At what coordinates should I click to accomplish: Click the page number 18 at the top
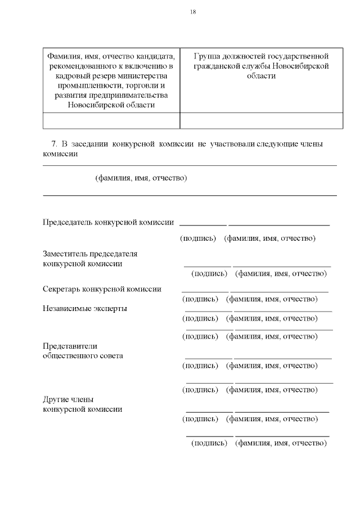coord(193,12)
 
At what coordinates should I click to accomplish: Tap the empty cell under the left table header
coord(111,121)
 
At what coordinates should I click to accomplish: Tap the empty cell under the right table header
coord(261,121)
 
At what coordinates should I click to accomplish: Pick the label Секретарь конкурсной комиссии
coord(102,289)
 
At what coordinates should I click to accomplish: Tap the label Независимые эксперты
coord(85,308)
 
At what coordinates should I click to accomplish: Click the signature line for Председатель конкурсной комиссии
coord(203,225)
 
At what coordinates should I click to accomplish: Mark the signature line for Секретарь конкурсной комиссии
coord(205,291)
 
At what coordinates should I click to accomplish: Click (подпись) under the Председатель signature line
coord(198,238)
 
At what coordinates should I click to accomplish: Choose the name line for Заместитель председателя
coord(282,265)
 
